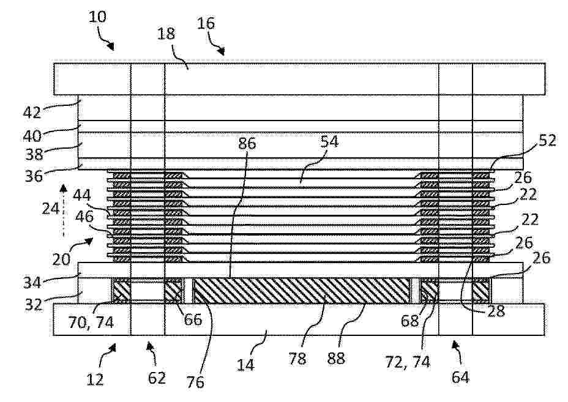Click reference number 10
point(98,17)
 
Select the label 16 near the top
point(206,23)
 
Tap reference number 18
point(166,34)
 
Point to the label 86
point(247,143)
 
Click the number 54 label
point(329,141)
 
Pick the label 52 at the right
point(547,140)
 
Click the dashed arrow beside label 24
point(64,210)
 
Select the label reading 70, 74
point(91,322)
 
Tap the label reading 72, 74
point(408,362)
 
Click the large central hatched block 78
point(301,291)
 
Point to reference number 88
point(336,359)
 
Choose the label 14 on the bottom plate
point(245,365)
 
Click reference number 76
point(195,382)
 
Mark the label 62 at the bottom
point(157,378)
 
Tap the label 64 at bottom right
point(460,378)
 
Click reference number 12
point(95,379)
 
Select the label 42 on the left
point(32,113)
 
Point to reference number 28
point(496,311)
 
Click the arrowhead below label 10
point(111,47)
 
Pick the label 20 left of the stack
point(61,259)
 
